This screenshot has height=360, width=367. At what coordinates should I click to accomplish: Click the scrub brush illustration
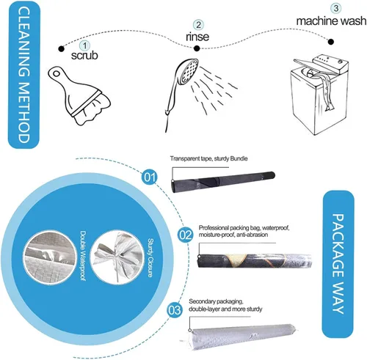point(79,95)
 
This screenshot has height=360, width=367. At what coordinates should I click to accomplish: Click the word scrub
point(84,55)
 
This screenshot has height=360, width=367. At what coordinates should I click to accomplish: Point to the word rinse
point(197,37)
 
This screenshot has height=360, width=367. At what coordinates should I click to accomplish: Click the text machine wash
point(331,21)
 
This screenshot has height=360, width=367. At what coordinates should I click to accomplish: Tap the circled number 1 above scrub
point(84,45)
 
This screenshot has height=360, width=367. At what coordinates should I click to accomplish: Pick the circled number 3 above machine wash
point(336,8)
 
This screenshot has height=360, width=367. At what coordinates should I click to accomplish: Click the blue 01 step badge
point(150,177)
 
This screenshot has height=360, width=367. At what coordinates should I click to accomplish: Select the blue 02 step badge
point(186,235)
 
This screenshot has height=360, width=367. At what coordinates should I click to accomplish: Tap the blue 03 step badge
point(175,310)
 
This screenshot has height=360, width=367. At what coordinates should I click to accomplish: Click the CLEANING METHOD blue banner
point(23,75)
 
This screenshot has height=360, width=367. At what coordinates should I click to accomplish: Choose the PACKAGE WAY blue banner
point(338,264)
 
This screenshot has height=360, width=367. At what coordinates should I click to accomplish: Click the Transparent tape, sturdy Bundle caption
point(208,158)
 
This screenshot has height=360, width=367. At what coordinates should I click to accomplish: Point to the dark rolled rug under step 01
point(223,182)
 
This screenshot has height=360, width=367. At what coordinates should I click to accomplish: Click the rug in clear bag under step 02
point(255,261)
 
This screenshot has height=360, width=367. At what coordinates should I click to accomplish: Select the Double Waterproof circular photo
point(50,255)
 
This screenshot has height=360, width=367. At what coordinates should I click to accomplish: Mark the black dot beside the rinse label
point(197,48)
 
